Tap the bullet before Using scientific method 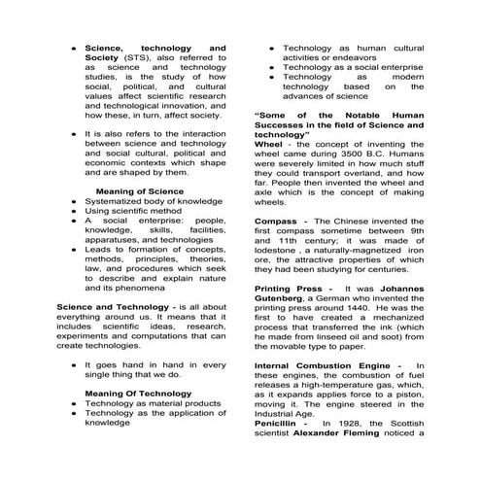pos(75,211)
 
